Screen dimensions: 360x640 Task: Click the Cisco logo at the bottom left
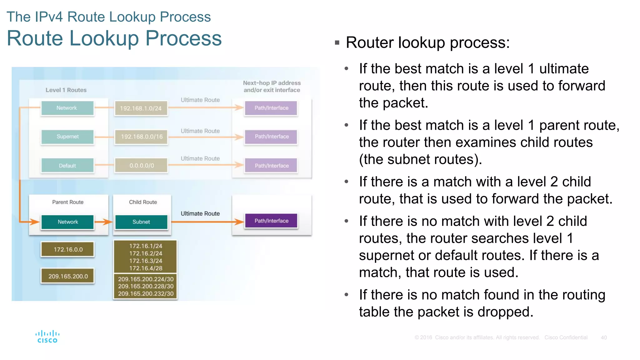tap(47, 337)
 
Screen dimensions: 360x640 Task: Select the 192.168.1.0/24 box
tap(141, 108)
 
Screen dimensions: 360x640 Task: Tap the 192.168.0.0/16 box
tap(142, 137)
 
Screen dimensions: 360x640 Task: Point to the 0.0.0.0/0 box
tap(142, 166)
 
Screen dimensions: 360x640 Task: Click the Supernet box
tap(67, 137)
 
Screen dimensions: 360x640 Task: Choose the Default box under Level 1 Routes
tap(67, 166)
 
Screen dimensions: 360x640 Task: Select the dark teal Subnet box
tap(141, 222)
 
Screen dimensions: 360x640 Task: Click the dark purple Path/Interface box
tap(271, 221)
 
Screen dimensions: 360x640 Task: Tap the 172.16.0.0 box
tap(68, 249)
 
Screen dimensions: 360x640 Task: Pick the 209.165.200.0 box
tap(68, 276)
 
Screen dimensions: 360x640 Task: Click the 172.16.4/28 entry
tap(146, 268)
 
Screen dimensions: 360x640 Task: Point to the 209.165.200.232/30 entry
tap(146, 294)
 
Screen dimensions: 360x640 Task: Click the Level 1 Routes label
tap(66, 90)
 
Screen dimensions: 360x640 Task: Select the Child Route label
tap(143, 202)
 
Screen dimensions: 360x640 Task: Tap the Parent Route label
tap(68, 202)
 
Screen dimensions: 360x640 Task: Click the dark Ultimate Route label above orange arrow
tap(200, 213)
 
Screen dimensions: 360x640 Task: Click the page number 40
tap(604, 337)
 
